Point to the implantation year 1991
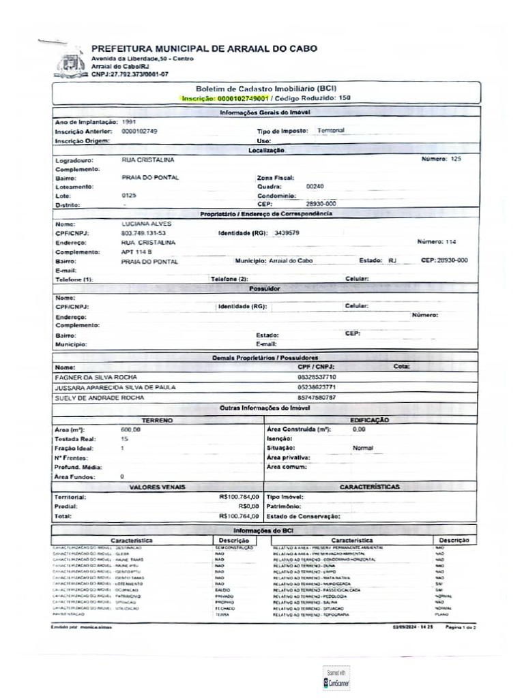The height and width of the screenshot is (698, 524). [129, 121]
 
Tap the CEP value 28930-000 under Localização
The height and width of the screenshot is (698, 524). [321, 204]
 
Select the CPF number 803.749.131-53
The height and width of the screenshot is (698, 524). [143, 233]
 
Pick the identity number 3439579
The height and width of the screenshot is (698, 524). [286, 233]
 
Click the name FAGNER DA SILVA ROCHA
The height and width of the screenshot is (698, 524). [96, 377]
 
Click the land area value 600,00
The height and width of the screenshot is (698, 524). [130, 430]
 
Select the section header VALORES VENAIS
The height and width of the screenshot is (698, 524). [156, 487]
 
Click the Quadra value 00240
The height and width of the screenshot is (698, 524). [315, 185]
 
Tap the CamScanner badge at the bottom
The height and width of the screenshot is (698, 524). [336, 678]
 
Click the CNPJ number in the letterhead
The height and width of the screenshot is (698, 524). [130, 74]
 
